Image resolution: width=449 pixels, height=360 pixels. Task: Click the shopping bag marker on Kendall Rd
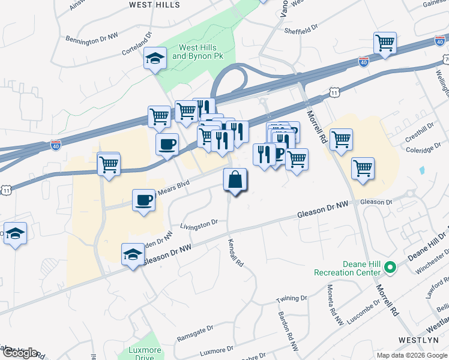click(x=235, y=180)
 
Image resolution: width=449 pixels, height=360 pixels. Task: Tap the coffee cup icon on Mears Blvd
click(x=144, y=200)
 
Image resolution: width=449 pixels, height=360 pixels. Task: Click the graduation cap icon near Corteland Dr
click(x=155, y=59)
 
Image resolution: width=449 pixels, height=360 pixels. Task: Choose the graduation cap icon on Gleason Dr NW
click(x=133, y=254)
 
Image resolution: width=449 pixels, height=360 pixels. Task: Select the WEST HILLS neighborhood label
click(x=154, y=5)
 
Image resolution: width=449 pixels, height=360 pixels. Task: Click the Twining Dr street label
click(x=291, y=299)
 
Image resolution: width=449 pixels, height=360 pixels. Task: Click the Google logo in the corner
click(x=19, y=353)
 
